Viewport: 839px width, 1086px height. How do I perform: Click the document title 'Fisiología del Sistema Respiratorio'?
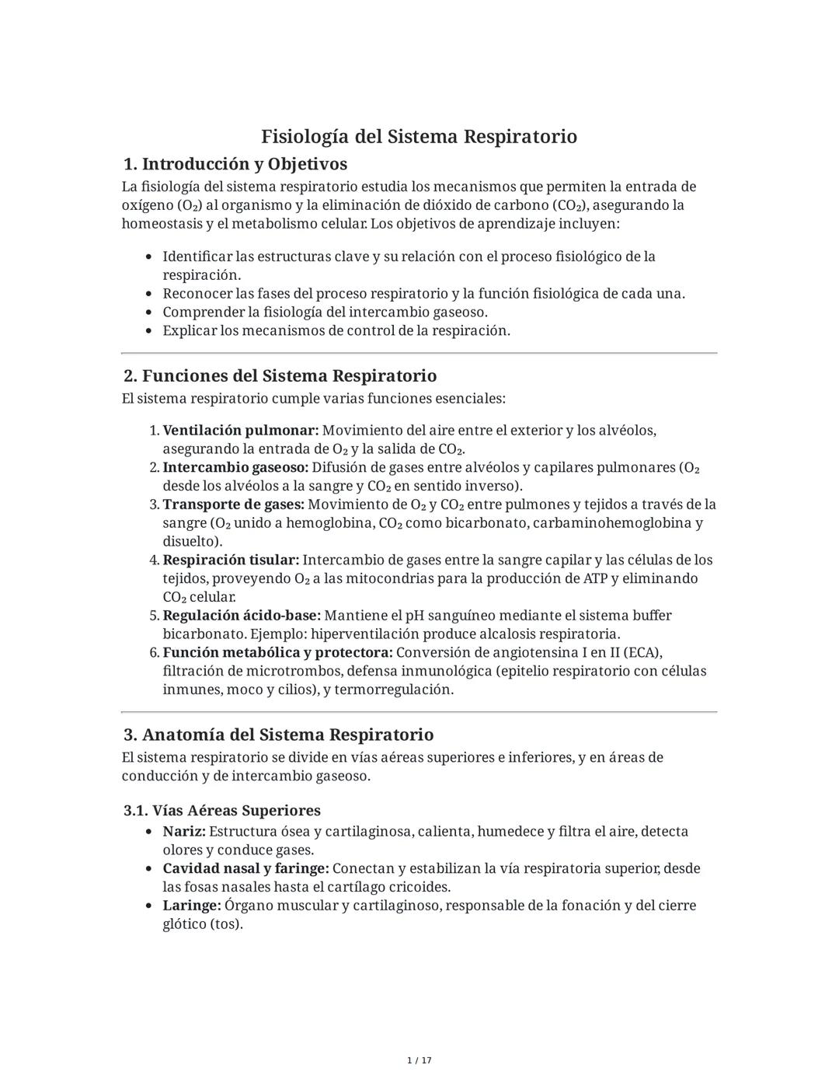click(419, 137)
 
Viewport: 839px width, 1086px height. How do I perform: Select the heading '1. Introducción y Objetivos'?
click(235, 164)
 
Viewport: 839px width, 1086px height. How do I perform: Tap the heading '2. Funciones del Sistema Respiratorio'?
click(280, 376)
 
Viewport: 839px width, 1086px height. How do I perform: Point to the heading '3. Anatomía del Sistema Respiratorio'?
click(278, 735)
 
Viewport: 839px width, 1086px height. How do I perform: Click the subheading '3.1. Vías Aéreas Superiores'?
click(222, 810)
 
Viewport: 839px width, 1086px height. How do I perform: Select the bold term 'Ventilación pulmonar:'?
click(241, 431)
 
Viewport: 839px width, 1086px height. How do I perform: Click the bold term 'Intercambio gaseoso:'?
click(235, 467)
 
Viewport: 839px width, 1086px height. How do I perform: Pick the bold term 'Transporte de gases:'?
click(234, 505)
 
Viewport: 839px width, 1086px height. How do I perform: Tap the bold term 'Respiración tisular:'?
click(231, 560)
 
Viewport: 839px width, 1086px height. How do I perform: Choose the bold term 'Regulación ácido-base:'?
click(242, 616)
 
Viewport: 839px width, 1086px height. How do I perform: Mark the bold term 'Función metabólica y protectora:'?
click(277, 652)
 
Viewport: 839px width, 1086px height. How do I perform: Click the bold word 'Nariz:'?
click(184, 832)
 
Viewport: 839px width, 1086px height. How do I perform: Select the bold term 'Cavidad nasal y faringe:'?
click(245, 868)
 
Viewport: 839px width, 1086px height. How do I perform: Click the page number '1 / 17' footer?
click(419, 1060)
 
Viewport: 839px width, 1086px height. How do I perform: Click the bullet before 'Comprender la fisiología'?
click(148, 313)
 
